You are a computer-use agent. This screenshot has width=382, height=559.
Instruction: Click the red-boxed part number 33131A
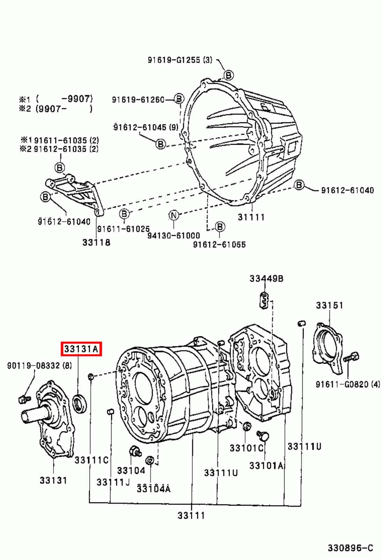[81, 349]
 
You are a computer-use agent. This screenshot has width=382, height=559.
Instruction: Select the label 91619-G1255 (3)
[179, 60]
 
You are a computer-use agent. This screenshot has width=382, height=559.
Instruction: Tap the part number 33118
[96, 242]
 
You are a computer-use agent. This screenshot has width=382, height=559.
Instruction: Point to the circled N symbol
[174, 216]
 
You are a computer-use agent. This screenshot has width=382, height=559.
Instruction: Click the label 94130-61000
[173, 235]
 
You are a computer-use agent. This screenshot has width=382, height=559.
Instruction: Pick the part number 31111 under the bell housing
[251, 217]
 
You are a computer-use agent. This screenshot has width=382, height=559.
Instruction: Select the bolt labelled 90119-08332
[24, 398]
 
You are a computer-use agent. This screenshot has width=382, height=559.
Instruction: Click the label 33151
[329, 305]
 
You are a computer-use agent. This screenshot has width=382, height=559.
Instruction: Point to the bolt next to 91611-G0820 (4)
[351, 357]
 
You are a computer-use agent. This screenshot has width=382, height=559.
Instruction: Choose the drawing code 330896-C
[350, 548]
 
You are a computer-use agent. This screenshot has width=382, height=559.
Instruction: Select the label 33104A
[153, 488]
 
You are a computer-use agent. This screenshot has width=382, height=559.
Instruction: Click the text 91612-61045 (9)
[146, 127]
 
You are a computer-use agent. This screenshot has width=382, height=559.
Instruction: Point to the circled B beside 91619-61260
[178, 99]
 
